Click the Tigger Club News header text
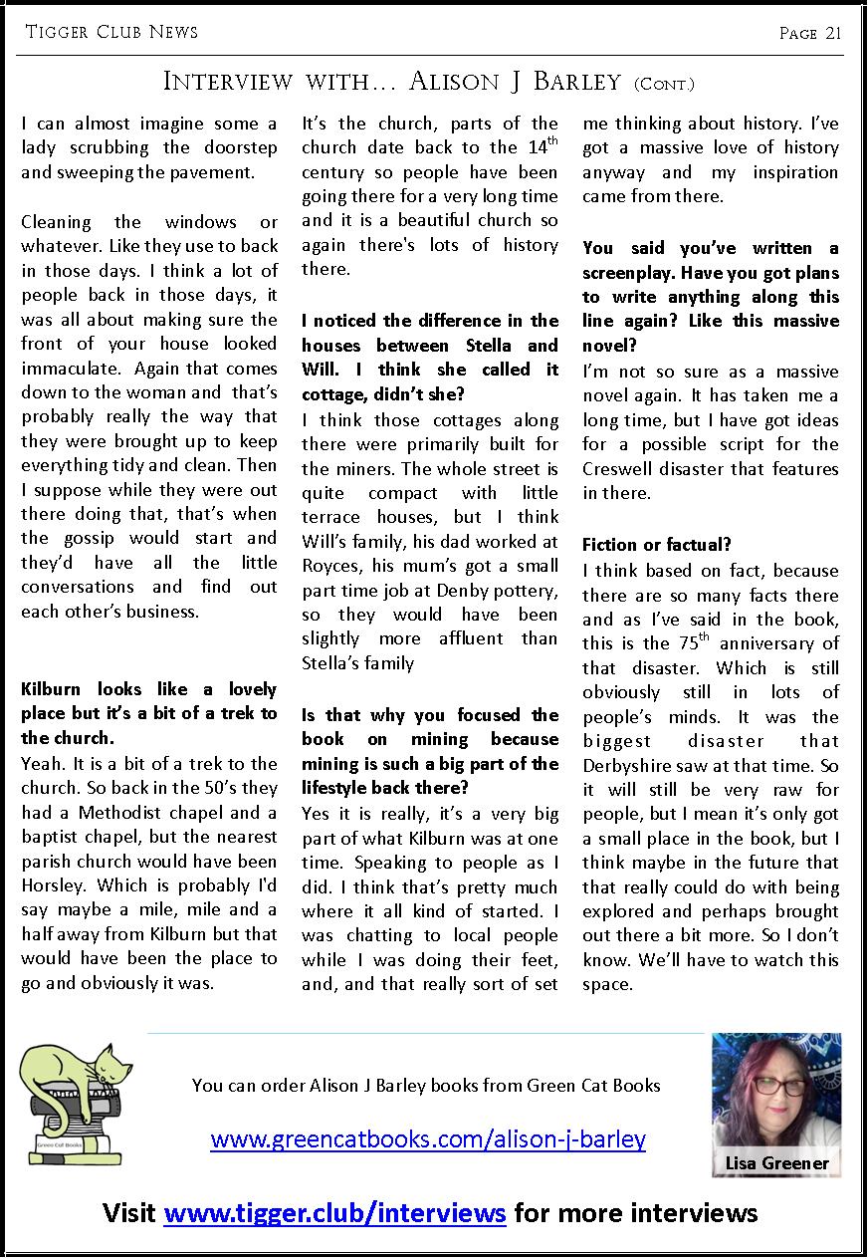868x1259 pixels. tap(111, 32)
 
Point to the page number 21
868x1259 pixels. tap(811, 33)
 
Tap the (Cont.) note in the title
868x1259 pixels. tap(664, 84)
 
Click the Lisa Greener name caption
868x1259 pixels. tap(776, 1162)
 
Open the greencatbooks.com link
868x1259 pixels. tap(428, 1138)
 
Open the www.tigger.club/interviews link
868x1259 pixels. tap(335, 1213)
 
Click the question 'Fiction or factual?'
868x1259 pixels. tap(657, 546)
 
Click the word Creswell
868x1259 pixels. tap(622, 468)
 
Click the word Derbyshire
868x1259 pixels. tap(632, 765)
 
